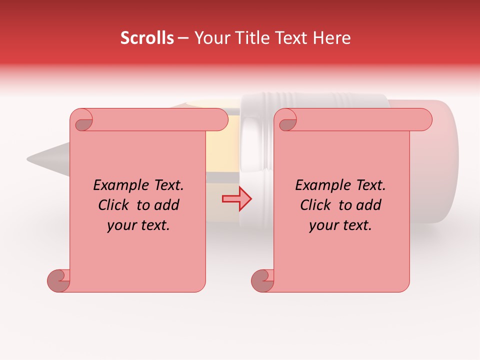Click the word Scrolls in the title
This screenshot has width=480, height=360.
(147, 38)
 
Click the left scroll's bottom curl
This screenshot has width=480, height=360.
(58, 280)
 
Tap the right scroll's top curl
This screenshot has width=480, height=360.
(287, 120)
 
